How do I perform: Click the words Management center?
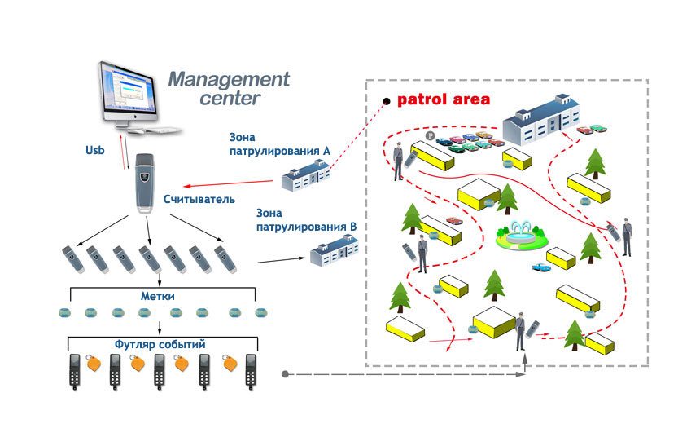229,89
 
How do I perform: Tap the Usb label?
94,150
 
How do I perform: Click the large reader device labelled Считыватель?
146,183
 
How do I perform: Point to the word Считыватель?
199,199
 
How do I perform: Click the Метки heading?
158,296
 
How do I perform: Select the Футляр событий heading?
160,344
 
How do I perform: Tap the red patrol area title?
444,99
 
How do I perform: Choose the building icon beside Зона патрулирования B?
335,250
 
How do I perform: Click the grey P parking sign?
430,135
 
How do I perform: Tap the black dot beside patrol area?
387,102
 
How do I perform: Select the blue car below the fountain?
541,267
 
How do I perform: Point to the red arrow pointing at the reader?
228,183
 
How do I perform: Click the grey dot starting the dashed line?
285,374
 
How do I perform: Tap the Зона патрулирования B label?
306,220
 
